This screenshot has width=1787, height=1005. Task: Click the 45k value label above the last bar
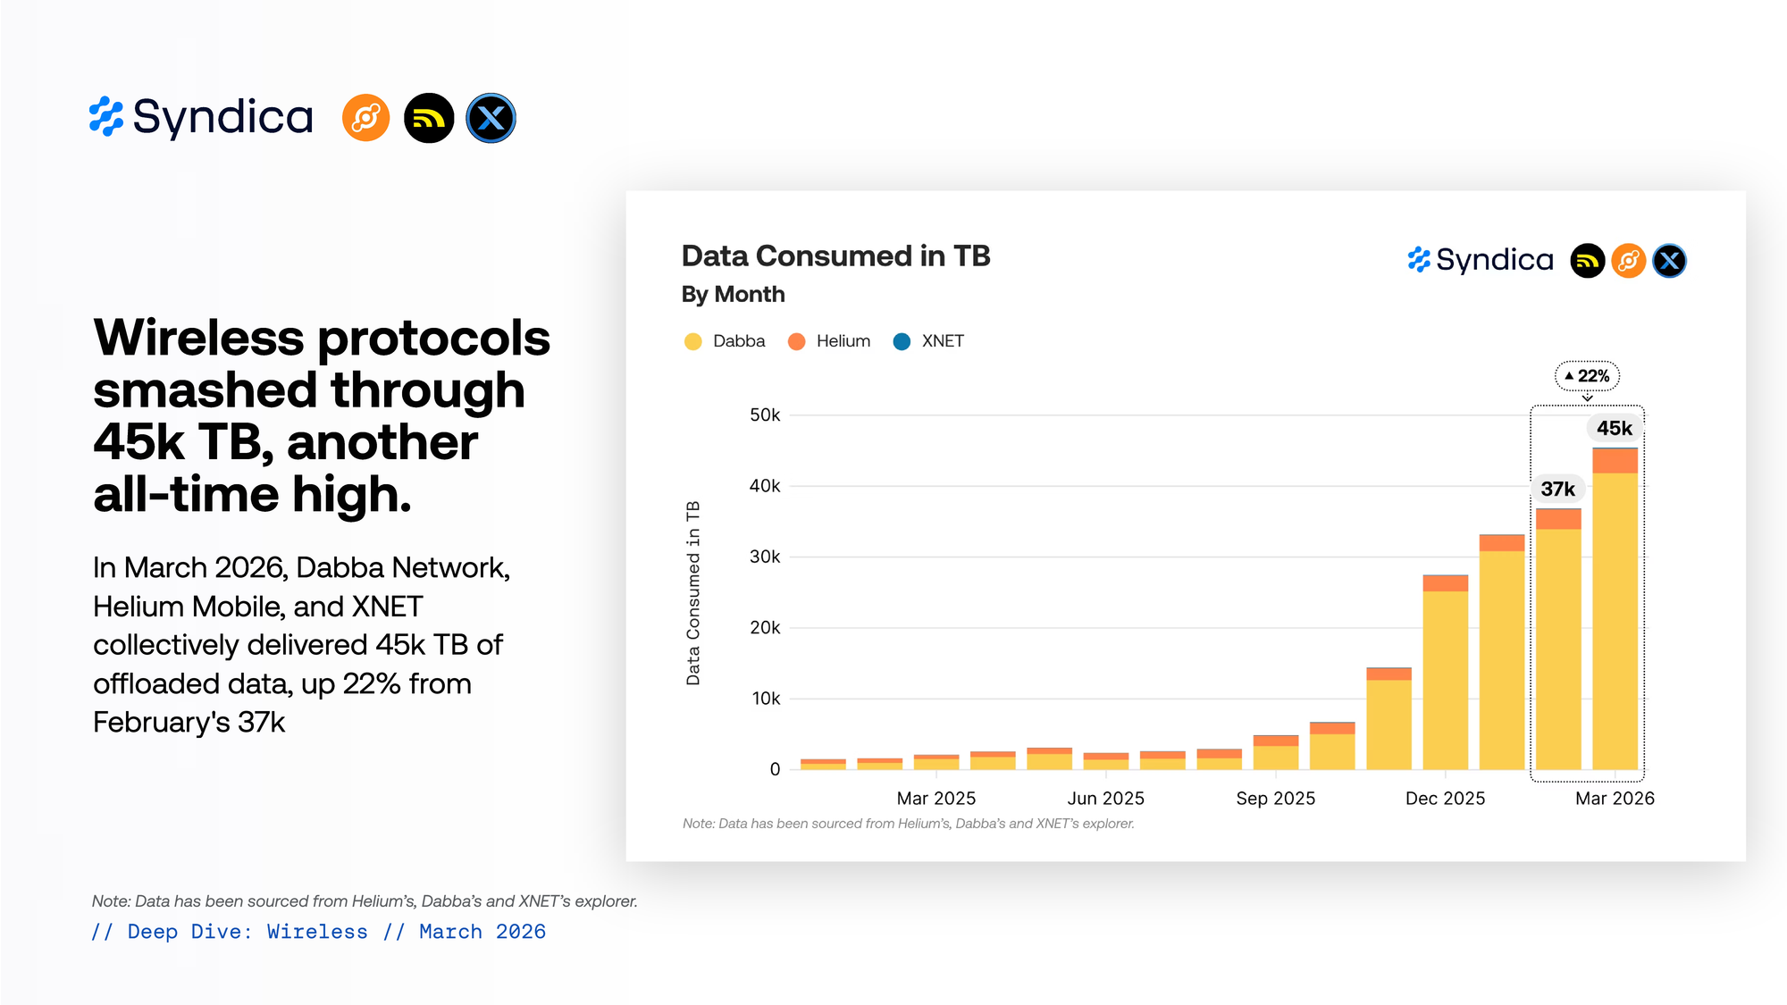click(x=1614, y=428)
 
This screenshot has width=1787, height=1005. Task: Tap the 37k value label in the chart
click(x=1557, y=489)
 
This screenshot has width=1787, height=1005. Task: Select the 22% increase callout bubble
click(x=1588, y=376)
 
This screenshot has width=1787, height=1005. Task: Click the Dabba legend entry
click(x=726, y=341)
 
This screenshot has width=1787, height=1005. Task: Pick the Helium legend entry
click(x=829, y=341)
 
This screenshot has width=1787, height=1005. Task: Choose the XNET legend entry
click(x=929, y=341)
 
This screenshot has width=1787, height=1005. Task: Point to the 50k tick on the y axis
click(x=765, y=415)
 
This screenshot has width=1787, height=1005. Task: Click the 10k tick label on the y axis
click(x=766, y=699)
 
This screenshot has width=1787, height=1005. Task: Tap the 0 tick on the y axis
click(x=775, y=769)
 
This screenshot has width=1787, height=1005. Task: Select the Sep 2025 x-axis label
click(x=1275, y=799)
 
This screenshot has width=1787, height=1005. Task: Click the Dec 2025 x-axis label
click(x=1445, y=799)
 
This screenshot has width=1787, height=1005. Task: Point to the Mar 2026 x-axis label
click(x=1615, y=799)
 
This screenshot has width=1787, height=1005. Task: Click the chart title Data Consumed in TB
click(x=835, y=256)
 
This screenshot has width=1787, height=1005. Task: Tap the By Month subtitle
click(x=733, y=295)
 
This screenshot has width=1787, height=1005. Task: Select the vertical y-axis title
click(x=693, y=593)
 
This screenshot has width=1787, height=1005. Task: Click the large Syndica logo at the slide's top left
click(x=201, y=117)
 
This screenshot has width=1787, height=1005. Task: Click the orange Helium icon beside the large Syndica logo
click(x=366, y=118)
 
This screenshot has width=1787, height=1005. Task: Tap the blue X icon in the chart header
click(x=1669, y=261)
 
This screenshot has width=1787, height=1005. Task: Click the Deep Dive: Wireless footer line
click(x=319, y=932)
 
